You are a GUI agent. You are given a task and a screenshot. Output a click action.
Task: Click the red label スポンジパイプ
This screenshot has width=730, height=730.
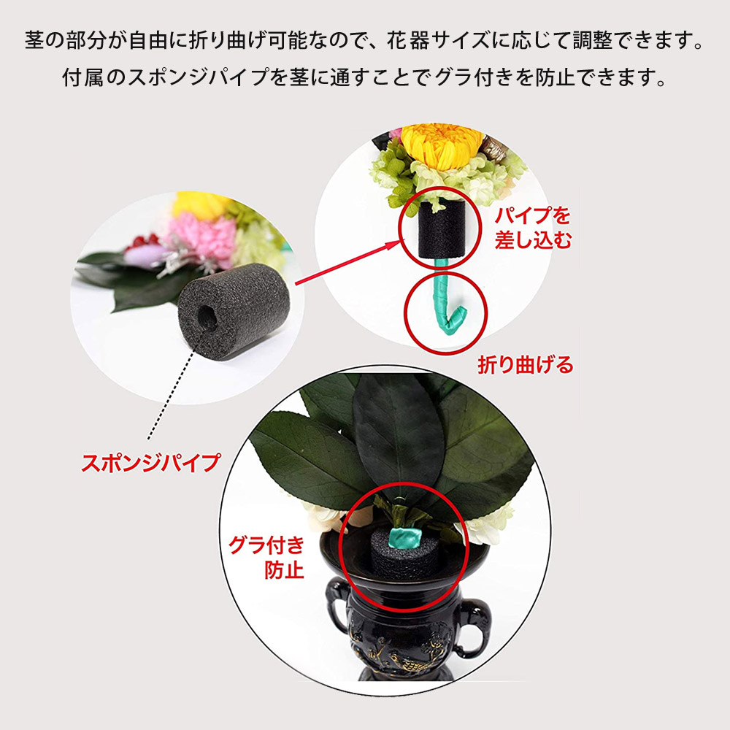point(150,462)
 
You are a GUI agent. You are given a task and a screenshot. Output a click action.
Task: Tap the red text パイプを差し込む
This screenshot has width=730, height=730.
point(533,228)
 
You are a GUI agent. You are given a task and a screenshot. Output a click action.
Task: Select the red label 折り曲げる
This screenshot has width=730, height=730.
point(525,364)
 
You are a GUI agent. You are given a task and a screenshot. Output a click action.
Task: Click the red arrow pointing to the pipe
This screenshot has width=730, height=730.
point(350,261)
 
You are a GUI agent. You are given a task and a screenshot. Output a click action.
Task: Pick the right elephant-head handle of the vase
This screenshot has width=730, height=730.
point(474,620)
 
